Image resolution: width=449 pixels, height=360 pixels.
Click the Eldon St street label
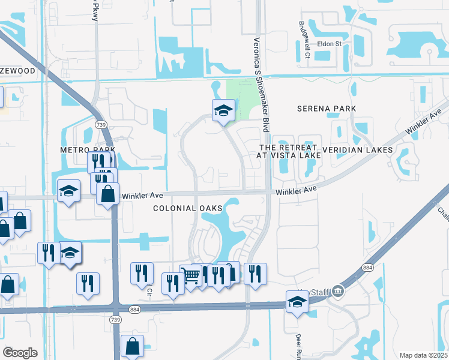click(329, 44)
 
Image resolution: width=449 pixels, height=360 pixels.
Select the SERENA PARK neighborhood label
click(327, 109)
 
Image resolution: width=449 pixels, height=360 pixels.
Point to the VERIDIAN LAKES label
click(357, 149)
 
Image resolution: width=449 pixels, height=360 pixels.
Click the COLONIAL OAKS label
click(187, 208)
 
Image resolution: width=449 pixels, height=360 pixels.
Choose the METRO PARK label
click(87, 149)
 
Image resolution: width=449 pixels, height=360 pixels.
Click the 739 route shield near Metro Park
click(100, 124)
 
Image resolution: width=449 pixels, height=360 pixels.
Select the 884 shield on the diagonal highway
click(368, 267)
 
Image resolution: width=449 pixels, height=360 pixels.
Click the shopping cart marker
click(191, 276)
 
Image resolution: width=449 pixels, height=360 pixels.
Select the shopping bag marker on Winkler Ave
click(107, 194)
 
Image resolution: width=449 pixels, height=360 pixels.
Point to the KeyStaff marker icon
click(339, 292)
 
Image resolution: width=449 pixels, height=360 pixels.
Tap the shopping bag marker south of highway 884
click(132, 346)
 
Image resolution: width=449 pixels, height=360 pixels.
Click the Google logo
click(20, 353)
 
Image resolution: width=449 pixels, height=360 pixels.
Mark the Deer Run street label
click(298, 344)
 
